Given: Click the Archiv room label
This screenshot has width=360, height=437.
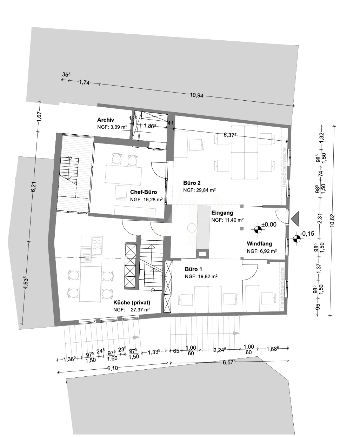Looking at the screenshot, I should click(x=106, y=120).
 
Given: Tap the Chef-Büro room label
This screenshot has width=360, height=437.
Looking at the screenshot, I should click(x=143, y=192).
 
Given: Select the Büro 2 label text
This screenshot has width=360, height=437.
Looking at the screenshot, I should click(x=192, y=183).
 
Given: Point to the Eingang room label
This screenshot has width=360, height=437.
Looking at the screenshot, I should click(x=222, y=213).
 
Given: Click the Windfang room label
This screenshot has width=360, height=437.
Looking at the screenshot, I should click(x=259, y=243).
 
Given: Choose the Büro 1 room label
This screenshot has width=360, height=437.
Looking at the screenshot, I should click(x=193, y=269).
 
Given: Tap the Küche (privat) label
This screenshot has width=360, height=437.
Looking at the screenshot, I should click(x=132, y=303).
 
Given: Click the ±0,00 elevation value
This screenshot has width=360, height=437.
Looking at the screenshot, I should click(x=269, y=224).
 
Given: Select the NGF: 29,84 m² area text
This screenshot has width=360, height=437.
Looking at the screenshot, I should click(x=199, y=190).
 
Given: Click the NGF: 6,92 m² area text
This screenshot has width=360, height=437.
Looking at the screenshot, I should click(x=262, y=251).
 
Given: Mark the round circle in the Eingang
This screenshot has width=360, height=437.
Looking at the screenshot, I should click(x=192, y=228).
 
